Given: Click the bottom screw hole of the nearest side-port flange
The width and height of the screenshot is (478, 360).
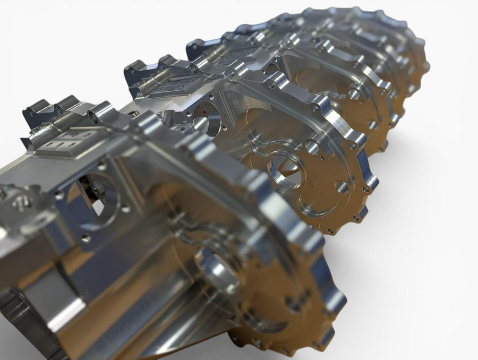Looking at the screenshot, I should click(86, 239).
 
